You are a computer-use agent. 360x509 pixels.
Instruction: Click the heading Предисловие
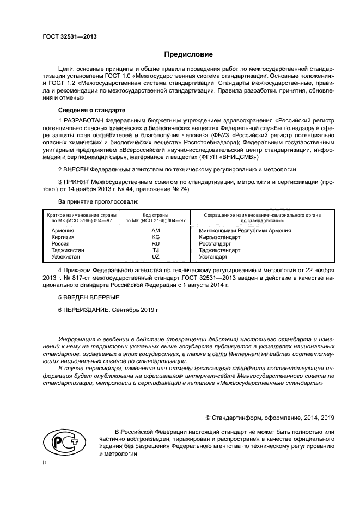click(188, 54)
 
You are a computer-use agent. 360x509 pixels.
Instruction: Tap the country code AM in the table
click(155, 230)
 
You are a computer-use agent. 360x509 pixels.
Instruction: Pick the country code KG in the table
click(155, 237)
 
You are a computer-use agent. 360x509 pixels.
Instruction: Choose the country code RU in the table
click(155, 243)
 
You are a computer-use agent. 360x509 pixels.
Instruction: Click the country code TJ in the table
click(155, 250)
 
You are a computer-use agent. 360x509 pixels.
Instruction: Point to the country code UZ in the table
click(155, 256)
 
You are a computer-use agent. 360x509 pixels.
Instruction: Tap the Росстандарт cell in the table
click(215, 243)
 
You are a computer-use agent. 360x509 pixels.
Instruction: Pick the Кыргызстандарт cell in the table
click(219, 237)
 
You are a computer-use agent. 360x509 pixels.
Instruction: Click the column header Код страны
click(155, 216)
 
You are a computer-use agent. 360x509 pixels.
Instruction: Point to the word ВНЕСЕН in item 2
click(75, 169)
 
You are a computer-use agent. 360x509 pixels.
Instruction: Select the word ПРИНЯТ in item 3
click(75, 181)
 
